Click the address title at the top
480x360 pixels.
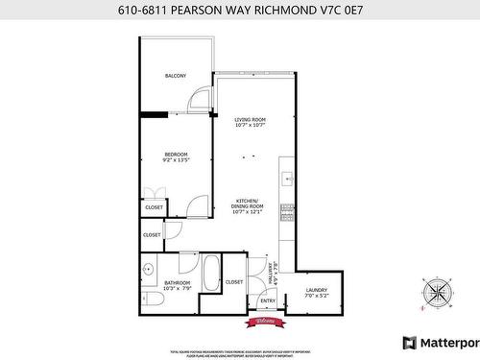[x=239, y=12]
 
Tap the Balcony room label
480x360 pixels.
[x=175, y=76]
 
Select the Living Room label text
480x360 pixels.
[x=250, y=119]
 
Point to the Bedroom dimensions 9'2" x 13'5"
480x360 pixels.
[x=176, y=160]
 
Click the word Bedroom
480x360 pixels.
[x=176, y=155]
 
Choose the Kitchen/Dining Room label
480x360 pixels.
[x=247, y=204]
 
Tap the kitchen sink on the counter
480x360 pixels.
[x=286, y=179]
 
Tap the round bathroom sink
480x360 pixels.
[x=148, y=268]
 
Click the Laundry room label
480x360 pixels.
[x=317, y=290]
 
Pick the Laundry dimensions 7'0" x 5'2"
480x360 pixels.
[x=317, y=296]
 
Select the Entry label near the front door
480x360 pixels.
[x=268, y=301]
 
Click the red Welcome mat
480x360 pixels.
[x=268, y=321]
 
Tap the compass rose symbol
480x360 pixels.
[x=437, y=290]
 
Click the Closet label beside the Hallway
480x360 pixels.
[x=234, y=282]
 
